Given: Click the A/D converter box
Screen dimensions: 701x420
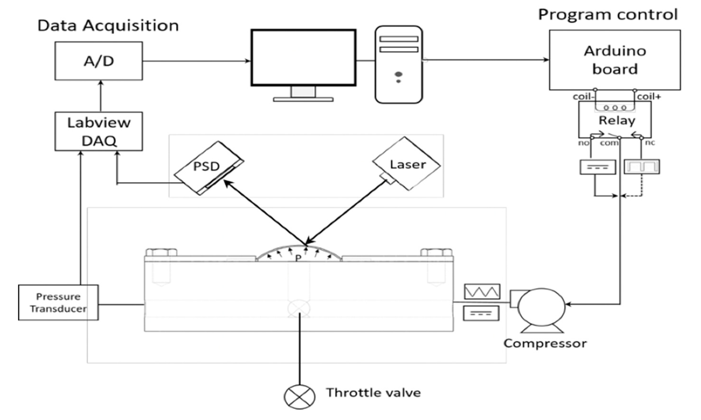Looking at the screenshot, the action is point(99,61).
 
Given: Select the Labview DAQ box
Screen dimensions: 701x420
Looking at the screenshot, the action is point(99,131).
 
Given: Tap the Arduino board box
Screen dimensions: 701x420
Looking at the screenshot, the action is point(615,60).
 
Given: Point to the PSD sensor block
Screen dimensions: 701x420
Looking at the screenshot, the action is point(209,168).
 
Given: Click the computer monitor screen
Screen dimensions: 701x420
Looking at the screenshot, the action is point(303,57).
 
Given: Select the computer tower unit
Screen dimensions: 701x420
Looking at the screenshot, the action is point(399,65).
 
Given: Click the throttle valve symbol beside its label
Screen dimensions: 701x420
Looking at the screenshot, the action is point(299,397).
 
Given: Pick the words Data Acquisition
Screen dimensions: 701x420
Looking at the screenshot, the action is point(108,26).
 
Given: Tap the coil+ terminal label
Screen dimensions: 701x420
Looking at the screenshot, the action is point(649,97).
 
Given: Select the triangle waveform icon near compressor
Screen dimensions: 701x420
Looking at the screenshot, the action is point(482,291).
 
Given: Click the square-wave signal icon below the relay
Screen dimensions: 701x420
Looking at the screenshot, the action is point(642,167).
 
